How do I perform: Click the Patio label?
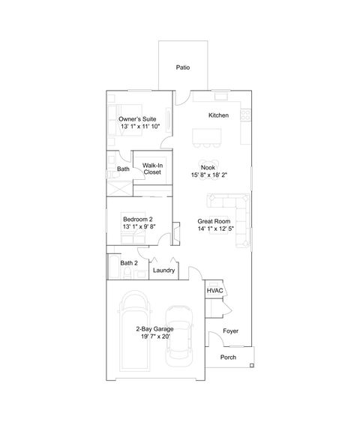(x=182, y=67)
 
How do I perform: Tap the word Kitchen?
(x=218, y=115)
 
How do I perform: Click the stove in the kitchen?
(x=244, y=115)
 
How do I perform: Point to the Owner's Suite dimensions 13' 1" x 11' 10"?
(x=140, y=127)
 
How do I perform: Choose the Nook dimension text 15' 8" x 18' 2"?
(x=210, y=175)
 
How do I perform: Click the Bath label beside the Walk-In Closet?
(x=123, y=169)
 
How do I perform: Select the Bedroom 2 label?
(x=138, y=219)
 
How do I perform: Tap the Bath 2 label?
(x=130, y=263)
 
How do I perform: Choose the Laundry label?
(x=163, y=270)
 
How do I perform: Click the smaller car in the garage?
(x=179, y=335)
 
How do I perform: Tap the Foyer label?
(x=231, y=331)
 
